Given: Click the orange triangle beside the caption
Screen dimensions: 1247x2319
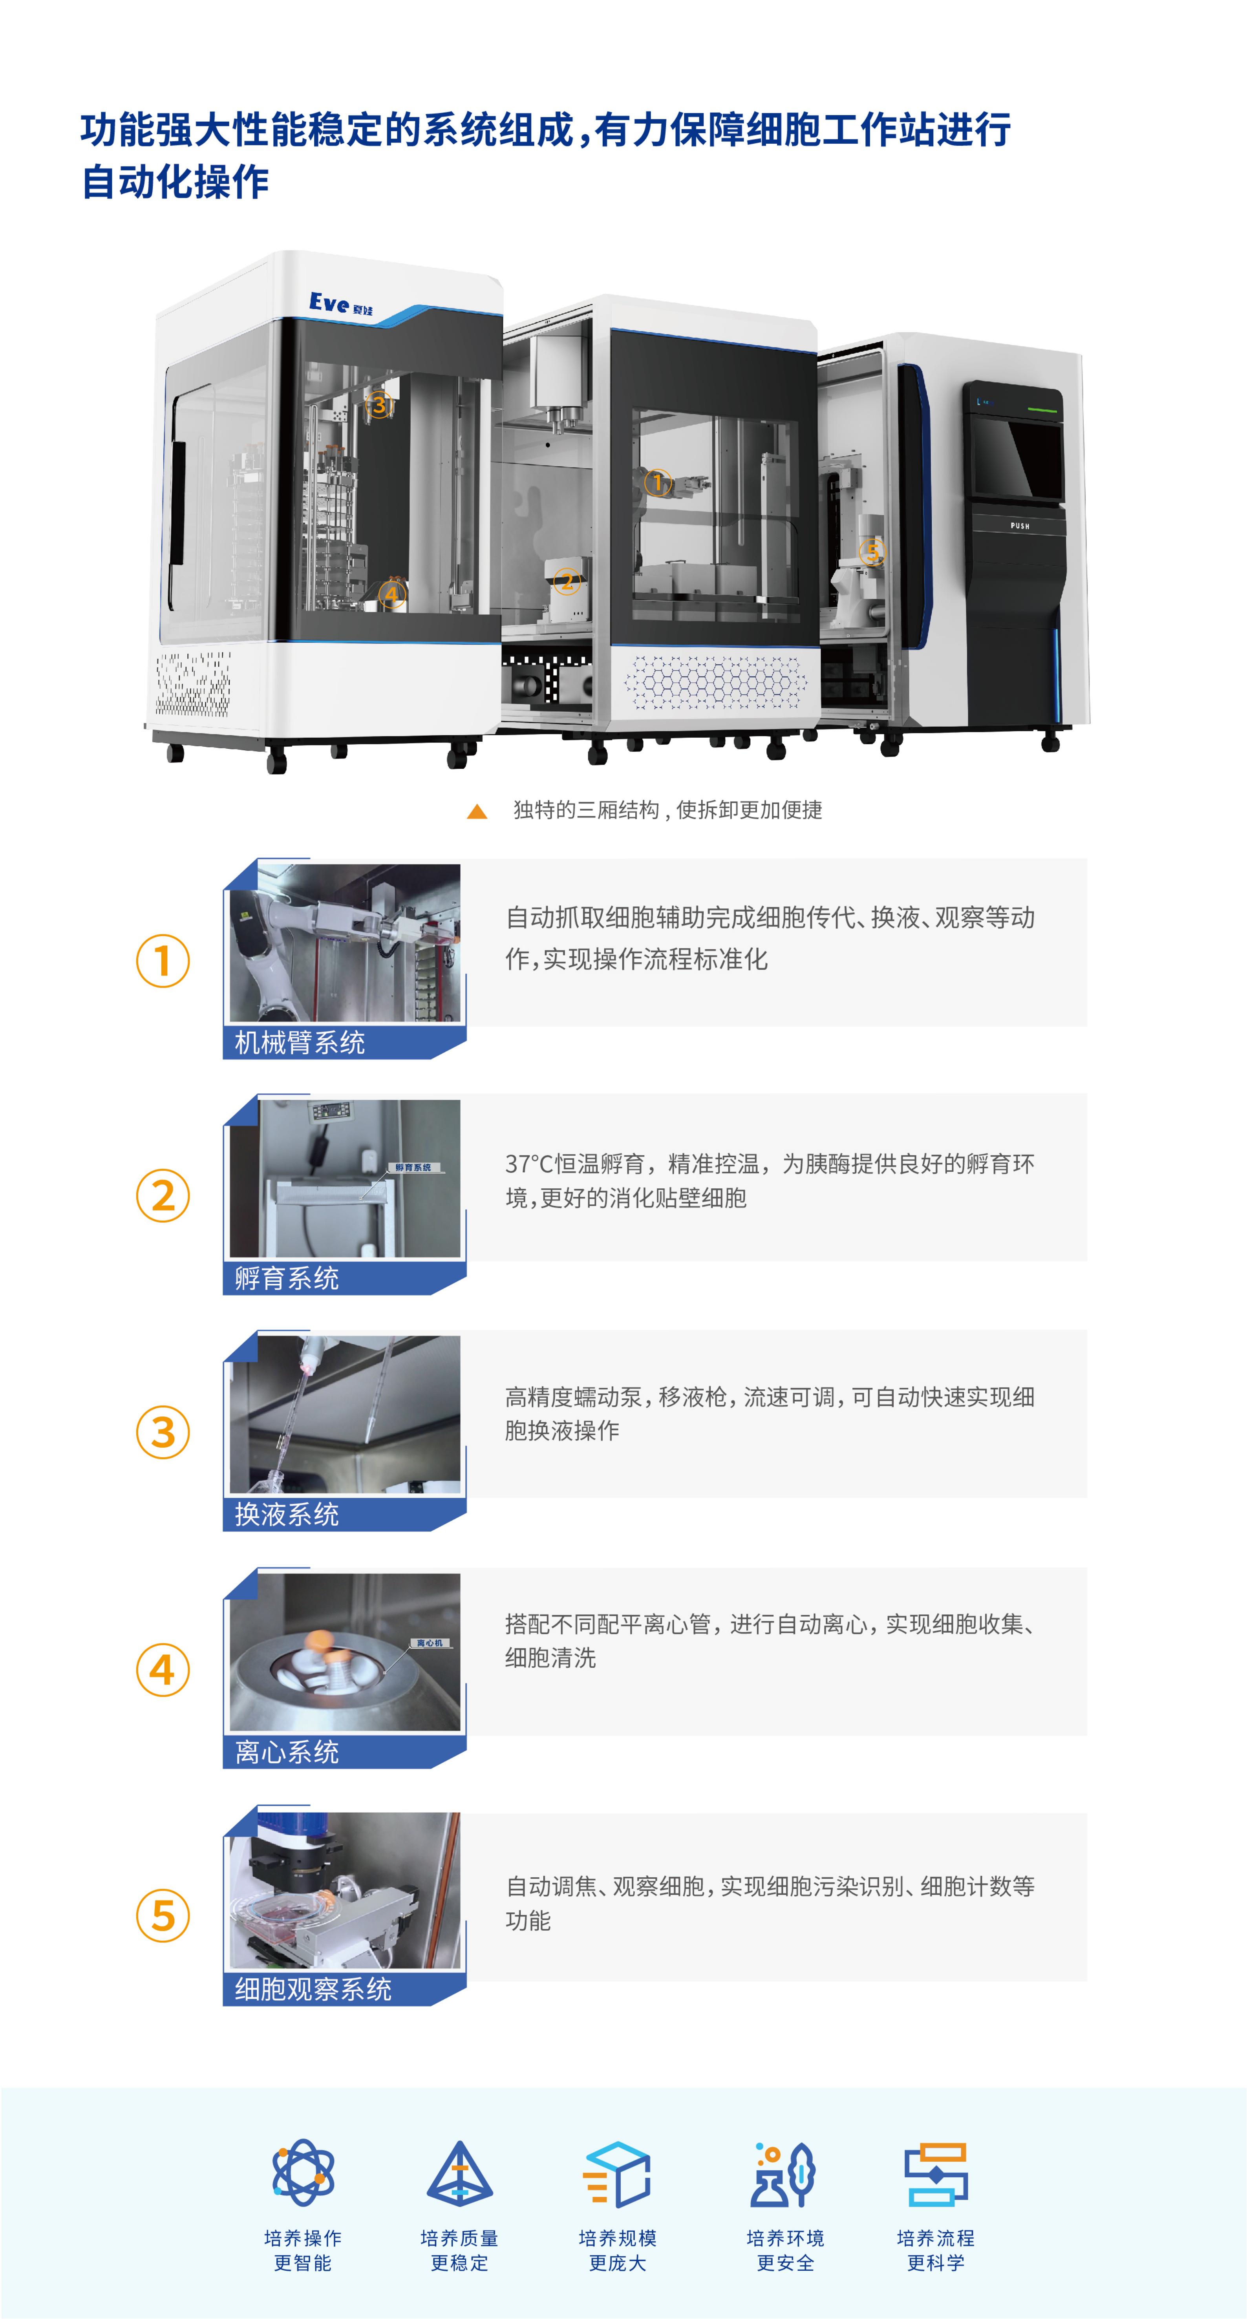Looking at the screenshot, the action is pos(477,811).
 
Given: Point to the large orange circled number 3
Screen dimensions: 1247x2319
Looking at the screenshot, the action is pos(163,1432).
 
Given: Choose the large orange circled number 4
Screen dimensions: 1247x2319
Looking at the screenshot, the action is pos(163,1670).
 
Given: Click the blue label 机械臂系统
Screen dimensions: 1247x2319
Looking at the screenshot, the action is pos(300,1042).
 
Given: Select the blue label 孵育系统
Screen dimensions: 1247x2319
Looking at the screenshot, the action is pos(286,1278).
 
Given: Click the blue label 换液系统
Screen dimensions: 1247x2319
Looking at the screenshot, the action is pos(286,1514).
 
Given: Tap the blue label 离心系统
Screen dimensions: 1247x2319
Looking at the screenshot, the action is pos(286,1752).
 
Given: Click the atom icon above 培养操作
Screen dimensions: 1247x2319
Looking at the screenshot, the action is pos(304,2172).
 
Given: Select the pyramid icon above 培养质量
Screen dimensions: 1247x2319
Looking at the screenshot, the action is pos(459,2173).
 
